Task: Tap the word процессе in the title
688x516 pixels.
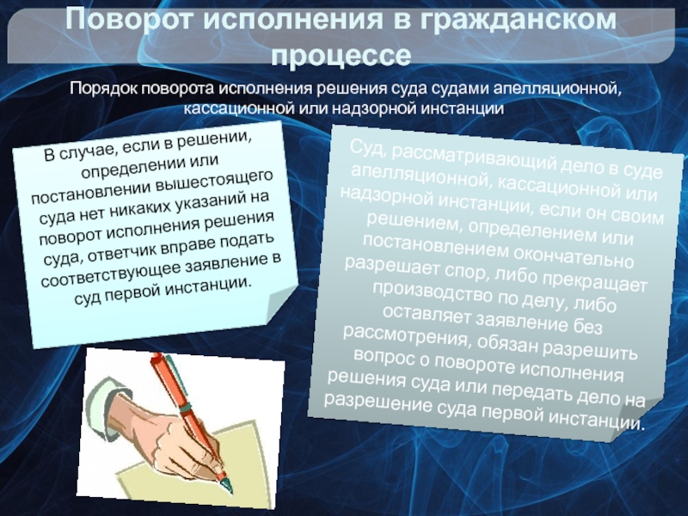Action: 341,55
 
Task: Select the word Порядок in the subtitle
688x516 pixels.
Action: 103,89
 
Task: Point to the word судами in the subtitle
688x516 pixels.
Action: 459,89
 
